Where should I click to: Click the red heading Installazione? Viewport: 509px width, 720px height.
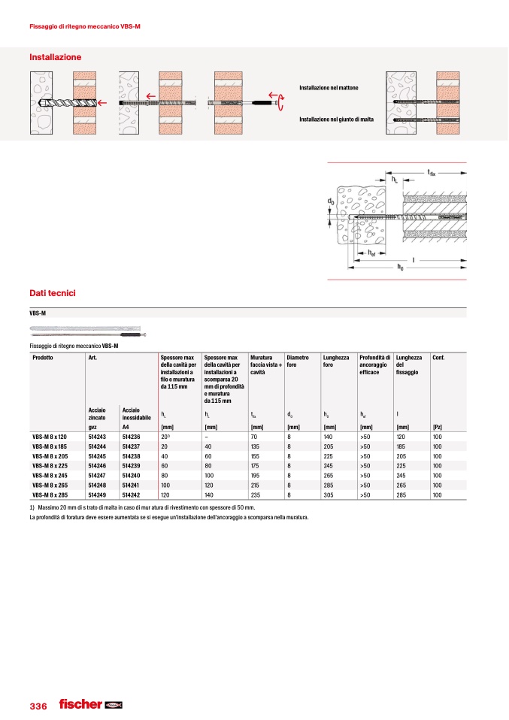point(55,57)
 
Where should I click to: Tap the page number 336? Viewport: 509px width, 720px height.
point(38,706)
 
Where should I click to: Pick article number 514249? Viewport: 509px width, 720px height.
point(97,496)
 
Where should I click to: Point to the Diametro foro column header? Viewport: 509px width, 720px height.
point(298,362)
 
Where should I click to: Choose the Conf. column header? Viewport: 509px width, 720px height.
point(438,357)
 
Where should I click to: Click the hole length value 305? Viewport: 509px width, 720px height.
point(329,496)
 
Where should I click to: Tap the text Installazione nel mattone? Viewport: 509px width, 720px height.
point(329,89)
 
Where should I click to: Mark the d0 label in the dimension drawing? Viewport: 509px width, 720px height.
point(330,202)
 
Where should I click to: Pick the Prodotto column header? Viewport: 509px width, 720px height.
point(43,357)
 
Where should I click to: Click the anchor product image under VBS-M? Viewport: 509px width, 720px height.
point(86,330)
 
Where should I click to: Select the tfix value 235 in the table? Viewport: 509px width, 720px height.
point(256,496)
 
